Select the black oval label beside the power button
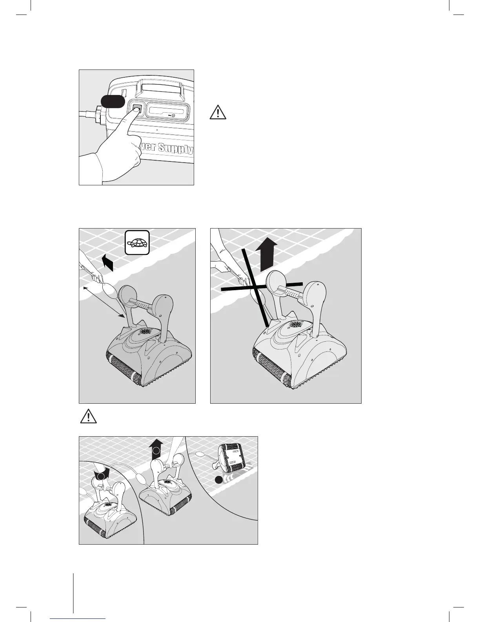[x=113, y=101]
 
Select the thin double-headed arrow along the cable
[x=104, y=302]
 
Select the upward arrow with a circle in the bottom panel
[x=156, y=449]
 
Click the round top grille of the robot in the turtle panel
[x=146, y=332]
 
